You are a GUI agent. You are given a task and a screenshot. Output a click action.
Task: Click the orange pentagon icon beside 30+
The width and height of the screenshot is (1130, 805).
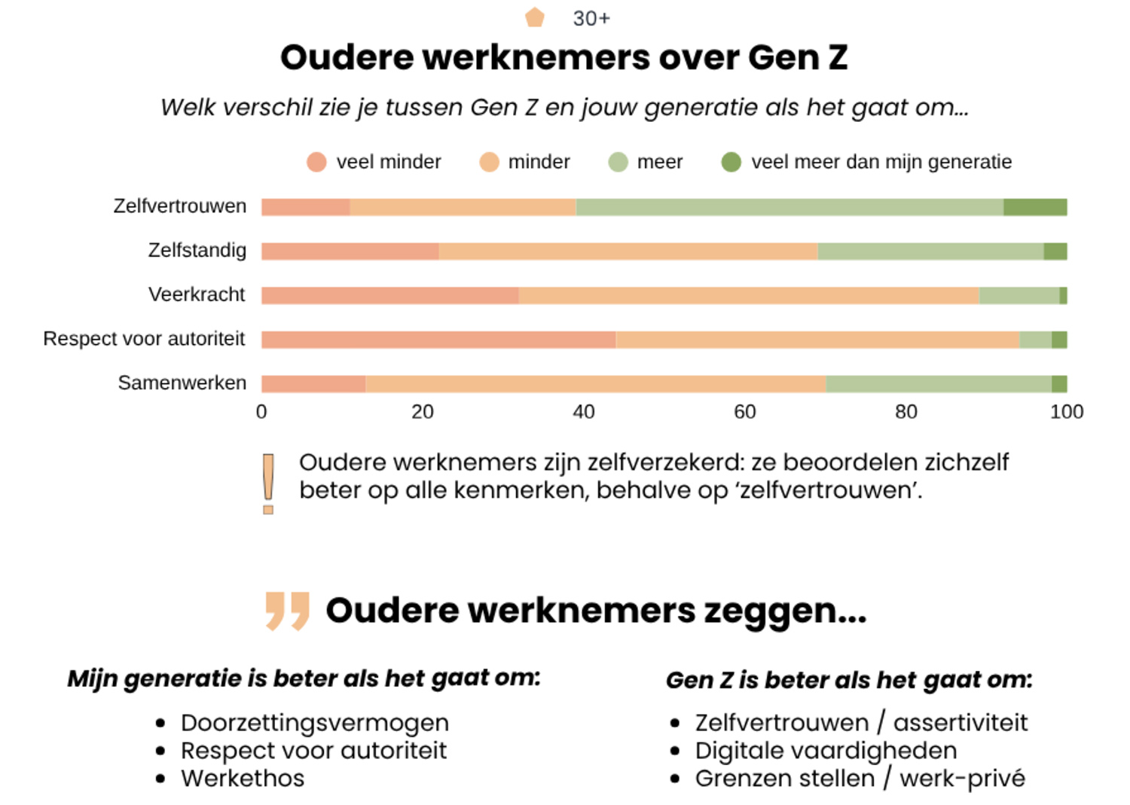click(535, 17)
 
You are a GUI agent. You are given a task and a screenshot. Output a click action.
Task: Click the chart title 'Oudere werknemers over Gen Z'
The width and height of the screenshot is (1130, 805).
click(563, 58)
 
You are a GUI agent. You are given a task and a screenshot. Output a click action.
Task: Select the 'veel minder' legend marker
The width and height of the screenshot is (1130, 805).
click(316, 162)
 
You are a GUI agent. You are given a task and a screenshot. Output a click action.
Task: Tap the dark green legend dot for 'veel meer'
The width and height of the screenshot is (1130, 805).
click(731, 162)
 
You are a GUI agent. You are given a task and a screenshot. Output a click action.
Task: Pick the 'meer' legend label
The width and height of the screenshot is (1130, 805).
click(659, 162)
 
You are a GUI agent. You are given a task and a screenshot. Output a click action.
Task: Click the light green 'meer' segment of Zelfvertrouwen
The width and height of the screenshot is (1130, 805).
click(789, 207)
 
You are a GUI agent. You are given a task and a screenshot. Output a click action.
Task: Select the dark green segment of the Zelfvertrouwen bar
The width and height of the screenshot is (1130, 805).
click(1034, 207)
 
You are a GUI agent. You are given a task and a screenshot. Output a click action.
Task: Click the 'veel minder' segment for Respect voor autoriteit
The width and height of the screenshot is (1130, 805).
click(438, 340)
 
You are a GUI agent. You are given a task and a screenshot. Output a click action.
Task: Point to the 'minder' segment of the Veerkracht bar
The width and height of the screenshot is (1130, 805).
click(749, 295)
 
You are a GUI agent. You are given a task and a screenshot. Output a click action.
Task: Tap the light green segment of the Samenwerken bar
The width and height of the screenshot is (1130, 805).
click(938, 384)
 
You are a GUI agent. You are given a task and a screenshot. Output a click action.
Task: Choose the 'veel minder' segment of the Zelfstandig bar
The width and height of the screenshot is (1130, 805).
click(350, 251)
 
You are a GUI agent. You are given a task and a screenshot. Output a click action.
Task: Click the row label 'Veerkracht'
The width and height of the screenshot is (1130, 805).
click(197, 294)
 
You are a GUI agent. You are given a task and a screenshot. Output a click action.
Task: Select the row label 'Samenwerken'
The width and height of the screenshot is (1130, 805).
click(182, 383)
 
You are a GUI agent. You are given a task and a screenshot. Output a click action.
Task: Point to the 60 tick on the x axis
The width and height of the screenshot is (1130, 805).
click(744, 412)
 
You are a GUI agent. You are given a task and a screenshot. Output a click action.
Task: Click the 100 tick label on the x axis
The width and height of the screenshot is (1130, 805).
click(1066, 412)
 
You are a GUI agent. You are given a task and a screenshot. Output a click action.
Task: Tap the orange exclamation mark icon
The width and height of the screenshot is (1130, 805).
click(268, 483)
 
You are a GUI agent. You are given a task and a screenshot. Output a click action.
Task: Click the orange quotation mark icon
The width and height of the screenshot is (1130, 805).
click(287, 610)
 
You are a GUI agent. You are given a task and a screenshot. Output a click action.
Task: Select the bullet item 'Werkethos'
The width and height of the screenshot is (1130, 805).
click(243, 778)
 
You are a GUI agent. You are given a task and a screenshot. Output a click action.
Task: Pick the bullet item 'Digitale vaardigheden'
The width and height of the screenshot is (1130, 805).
click(826, 750)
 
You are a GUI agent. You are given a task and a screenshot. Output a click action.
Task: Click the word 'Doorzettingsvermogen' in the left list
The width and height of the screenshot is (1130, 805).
click(314, 722)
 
